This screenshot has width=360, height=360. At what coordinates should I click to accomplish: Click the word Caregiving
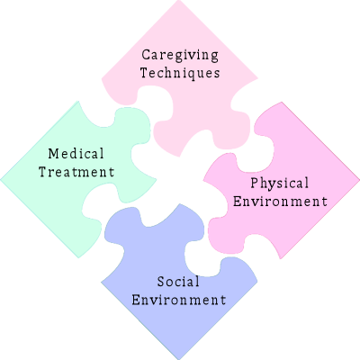tap(180, 56)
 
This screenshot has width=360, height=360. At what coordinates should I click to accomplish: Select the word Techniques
tap(180, 74)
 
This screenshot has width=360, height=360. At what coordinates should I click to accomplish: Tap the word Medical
tap(76, 154)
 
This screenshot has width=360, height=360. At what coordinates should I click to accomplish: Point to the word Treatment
tap(76, 172)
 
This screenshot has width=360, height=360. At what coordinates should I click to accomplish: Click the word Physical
tap(280, 184)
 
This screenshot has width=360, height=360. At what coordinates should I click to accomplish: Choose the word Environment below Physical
tap(280, 201)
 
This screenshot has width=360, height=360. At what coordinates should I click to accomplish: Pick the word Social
tap(178, 282)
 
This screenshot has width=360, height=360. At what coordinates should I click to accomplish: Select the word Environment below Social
tap(179, 300)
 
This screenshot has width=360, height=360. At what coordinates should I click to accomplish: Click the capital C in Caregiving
tap(146, 55)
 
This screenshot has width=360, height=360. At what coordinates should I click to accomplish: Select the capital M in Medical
tap(53, 154)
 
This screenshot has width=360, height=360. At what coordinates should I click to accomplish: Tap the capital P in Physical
tap(255, 183)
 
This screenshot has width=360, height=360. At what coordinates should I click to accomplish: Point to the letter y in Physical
tap(272, 185)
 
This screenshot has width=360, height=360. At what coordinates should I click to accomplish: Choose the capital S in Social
tap(161, 282)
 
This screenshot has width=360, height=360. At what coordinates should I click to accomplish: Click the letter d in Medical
tap(75, 154)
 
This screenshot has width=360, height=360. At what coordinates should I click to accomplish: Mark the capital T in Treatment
tap(43, 172)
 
